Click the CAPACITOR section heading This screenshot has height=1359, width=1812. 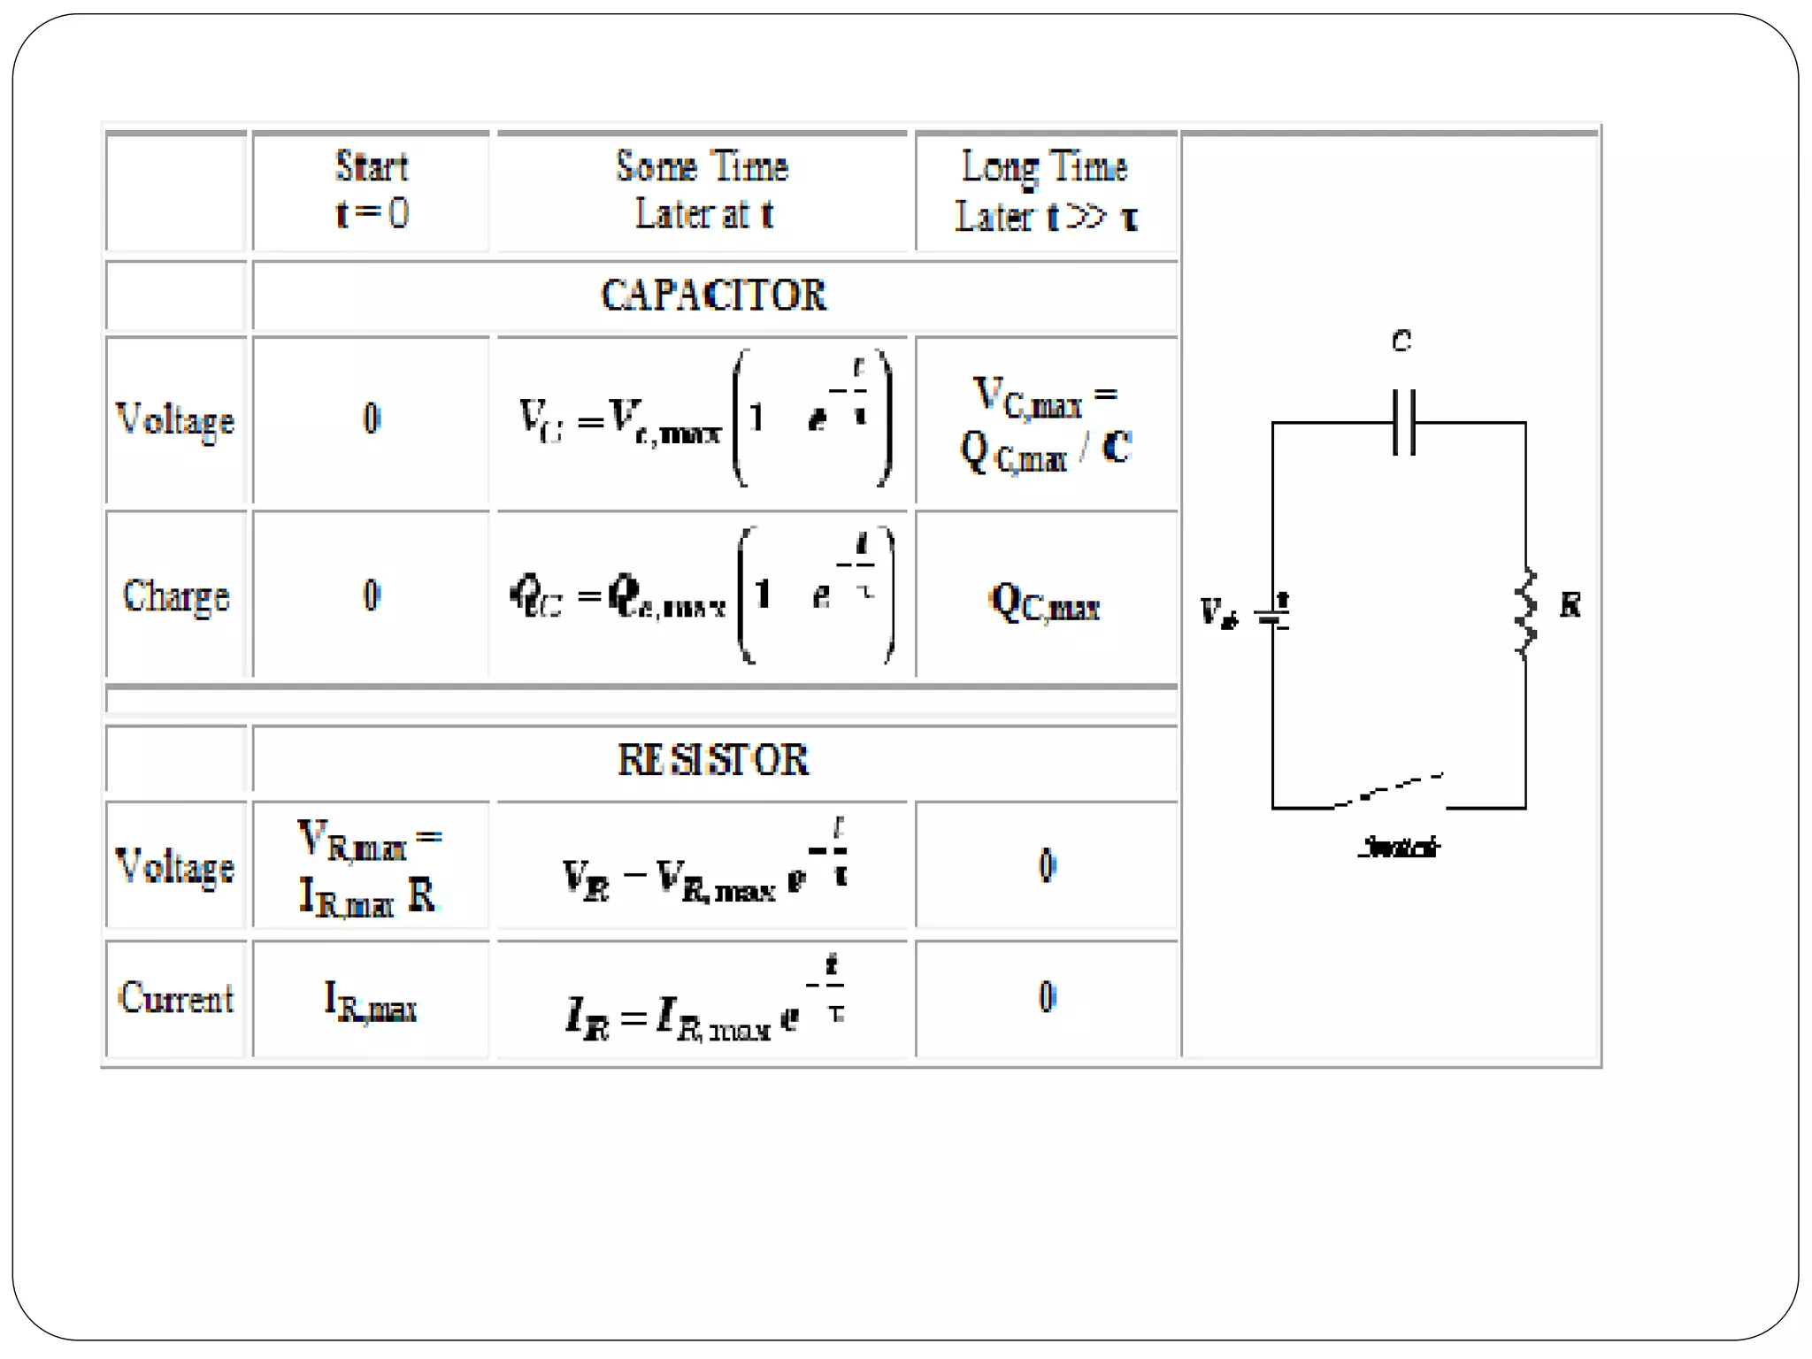(713, 296)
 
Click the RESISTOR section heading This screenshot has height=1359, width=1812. (713, 760)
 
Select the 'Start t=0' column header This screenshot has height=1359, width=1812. (372, 189)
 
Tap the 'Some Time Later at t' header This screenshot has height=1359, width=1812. (703, 189)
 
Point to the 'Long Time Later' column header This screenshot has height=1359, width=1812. (1046, 191)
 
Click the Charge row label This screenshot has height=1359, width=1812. (176, 596)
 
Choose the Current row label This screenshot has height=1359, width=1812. (176, 999)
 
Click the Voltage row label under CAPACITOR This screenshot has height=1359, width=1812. (176, 420)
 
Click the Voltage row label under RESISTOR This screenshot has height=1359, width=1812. (176, 866)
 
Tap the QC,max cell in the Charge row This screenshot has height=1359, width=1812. (1046, 604)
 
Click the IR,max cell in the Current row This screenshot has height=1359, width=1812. (371, 1002)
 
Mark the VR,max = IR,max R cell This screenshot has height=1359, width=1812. (370, 867)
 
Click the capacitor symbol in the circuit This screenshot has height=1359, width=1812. (1404, 422)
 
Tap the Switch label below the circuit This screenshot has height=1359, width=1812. (1399, 847)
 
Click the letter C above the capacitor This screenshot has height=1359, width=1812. (1401, 341)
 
